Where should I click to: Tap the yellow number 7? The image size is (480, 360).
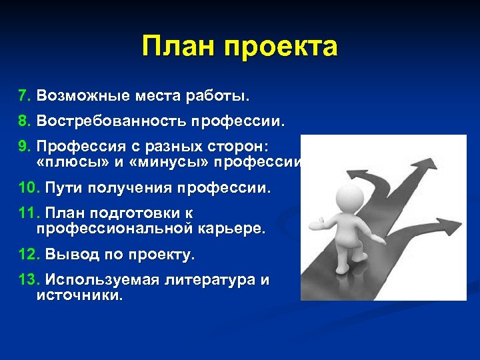24,96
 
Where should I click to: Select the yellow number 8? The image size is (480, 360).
24,122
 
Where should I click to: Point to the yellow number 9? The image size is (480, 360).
24,146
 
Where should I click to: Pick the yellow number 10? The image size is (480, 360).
29,188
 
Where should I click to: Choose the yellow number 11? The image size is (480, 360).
29,213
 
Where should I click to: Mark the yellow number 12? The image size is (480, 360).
29,255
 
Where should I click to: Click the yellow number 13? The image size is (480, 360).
29,280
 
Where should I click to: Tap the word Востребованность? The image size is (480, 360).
112,122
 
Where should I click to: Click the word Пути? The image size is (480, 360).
64,188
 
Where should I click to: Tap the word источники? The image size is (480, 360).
79,295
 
